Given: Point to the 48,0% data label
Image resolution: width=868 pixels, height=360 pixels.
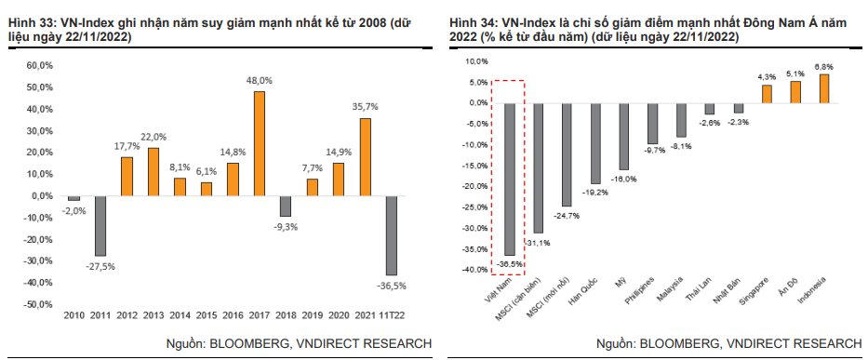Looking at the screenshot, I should tap(260, 81).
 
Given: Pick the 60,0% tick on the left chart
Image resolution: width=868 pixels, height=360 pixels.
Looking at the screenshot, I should tap(40, 66).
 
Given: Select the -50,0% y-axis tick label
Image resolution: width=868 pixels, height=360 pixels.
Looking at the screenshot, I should tap(39, 304).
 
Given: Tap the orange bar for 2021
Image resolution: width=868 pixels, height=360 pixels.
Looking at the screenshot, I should tap(366, 156).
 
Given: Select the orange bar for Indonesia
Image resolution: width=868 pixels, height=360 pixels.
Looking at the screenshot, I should tap(823, 87).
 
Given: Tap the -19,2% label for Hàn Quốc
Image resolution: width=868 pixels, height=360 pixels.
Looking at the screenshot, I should tap(596, 193).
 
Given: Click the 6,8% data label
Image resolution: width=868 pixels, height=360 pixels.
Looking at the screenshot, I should tap(824, 66).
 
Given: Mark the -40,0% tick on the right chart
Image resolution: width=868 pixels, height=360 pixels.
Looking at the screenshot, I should tap(474, 270).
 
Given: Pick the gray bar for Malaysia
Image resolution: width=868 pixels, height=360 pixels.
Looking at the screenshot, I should tap(681, 119).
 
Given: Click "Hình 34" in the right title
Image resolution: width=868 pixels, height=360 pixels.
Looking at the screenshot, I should tap(472, 21).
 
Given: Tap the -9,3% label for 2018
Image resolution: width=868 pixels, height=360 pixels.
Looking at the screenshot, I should tap(287, 226).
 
